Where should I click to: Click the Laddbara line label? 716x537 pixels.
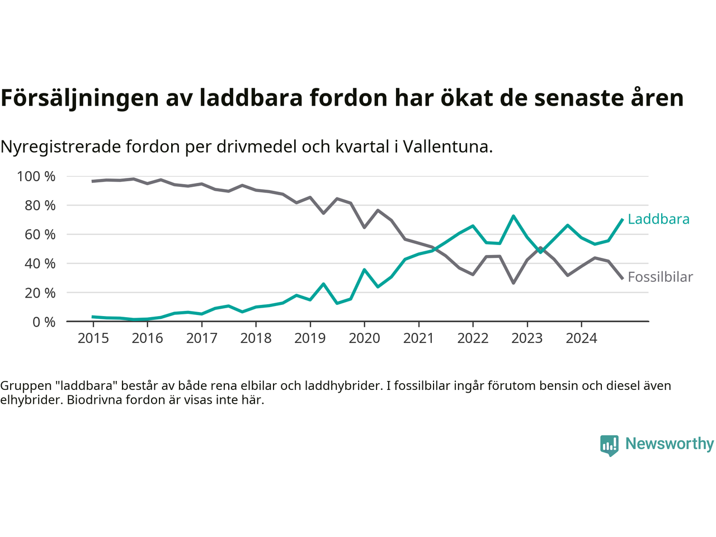click(x=658, y=219)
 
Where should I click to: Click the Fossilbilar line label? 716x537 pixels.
click(x=660, y=277)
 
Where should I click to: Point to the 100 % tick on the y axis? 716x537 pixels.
click(x=36, y=177)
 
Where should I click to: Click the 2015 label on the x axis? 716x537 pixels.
click(x=93, y=338)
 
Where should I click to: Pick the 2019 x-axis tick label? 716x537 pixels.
click(x=310, y=338)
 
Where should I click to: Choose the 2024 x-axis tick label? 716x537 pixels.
click(x=581, y=338)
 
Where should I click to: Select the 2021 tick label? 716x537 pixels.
click(x=418, y=338)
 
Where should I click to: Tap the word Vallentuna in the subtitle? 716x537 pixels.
click(x=447, y=147)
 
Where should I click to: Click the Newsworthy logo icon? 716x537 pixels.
click(x=609, y=445)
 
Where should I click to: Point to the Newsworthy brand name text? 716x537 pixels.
click(x=670, y=444)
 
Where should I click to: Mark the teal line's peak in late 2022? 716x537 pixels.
click(x=514, y=216)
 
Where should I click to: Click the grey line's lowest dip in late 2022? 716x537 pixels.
click(x=514, y=283)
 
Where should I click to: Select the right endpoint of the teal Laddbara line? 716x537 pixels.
click(x=623, y=219)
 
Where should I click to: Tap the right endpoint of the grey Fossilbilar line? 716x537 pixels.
click(x=623, y=279)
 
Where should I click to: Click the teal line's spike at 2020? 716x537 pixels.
click(x=364, y=270)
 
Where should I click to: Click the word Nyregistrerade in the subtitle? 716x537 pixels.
click(x=60, y=147)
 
